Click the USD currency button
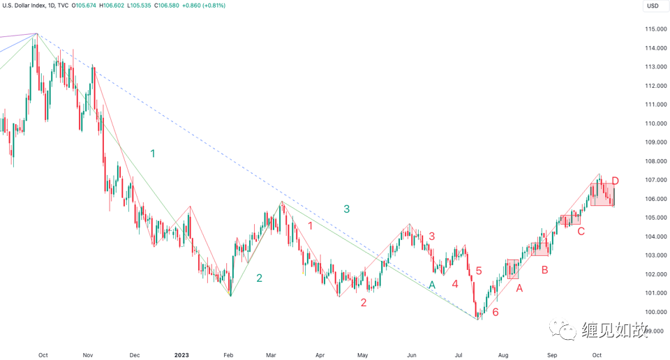(x=653, y=6)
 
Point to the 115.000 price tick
(x=654, y=29)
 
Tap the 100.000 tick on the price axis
(x=654, y=312)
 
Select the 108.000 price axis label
(x=654, y=161)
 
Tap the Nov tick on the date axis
(x=88, y=354)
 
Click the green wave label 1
(x=153, y=153)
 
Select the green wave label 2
(x=259, y=278)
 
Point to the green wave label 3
(x=346, y=209)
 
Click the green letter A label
(x=432, y=285)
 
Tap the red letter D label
(x=615, y=181)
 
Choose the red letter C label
(x=581, y=231)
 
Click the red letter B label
(x=544, y=269)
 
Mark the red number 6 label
(x=495, y=312)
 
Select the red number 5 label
(x=479, y=271)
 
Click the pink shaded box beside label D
(x=602, y=195)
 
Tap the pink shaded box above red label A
(x=513, y=269)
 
